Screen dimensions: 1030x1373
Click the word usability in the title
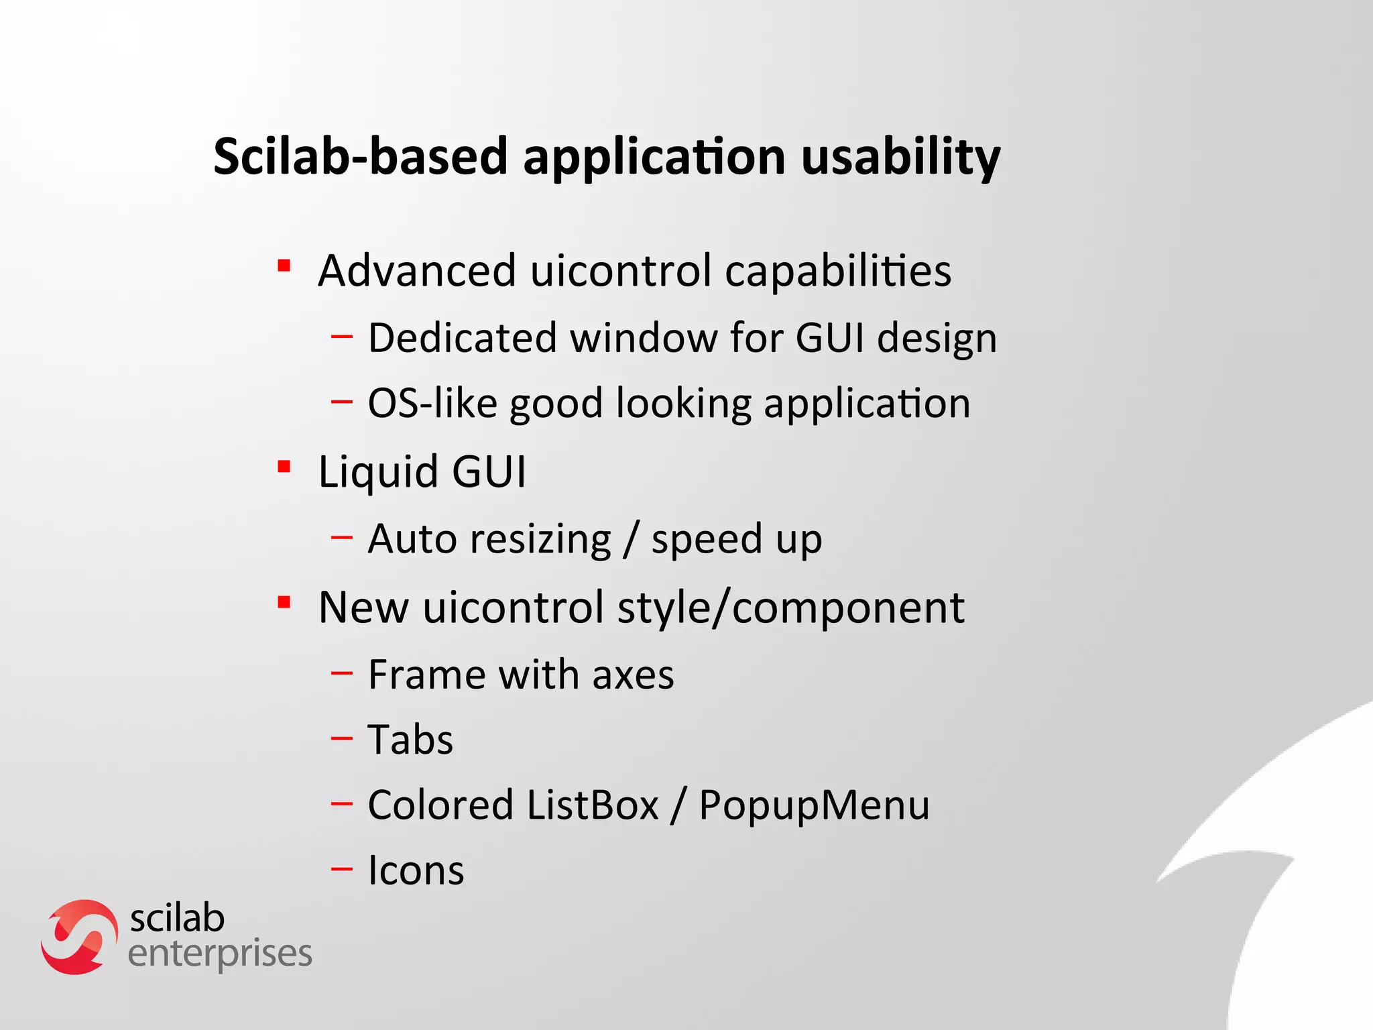(900, 158)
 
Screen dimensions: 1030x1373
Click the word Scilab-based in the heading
(360, 156)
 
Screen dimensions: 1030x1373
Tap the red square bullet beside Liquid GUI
(284, 466)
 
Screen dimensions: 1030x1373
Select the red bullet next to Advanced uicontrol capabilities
(284, 266)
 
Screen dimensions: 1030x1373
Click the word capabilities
(838, 272)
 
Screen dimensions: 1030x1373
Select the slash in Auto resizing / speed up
(630, 539)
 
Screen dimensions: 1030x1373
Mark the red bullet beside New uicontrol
(284, 602)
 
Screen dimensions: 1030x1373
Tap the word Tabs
(410, 740)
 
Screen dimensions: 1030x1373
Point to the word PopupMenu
(814, 806)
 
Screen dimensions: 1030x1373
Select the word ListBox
(593, 805)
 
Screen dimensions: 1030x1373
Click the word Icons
(416, 870)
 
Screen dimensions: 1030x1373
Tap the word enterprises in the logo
(220, 954)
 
